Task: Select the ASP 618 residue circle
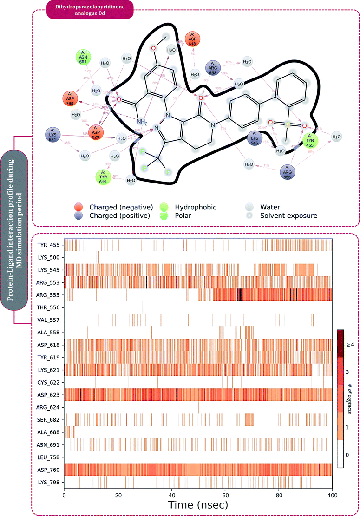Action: [194, 39]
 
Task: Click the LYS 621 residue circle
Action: [52, 135]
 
